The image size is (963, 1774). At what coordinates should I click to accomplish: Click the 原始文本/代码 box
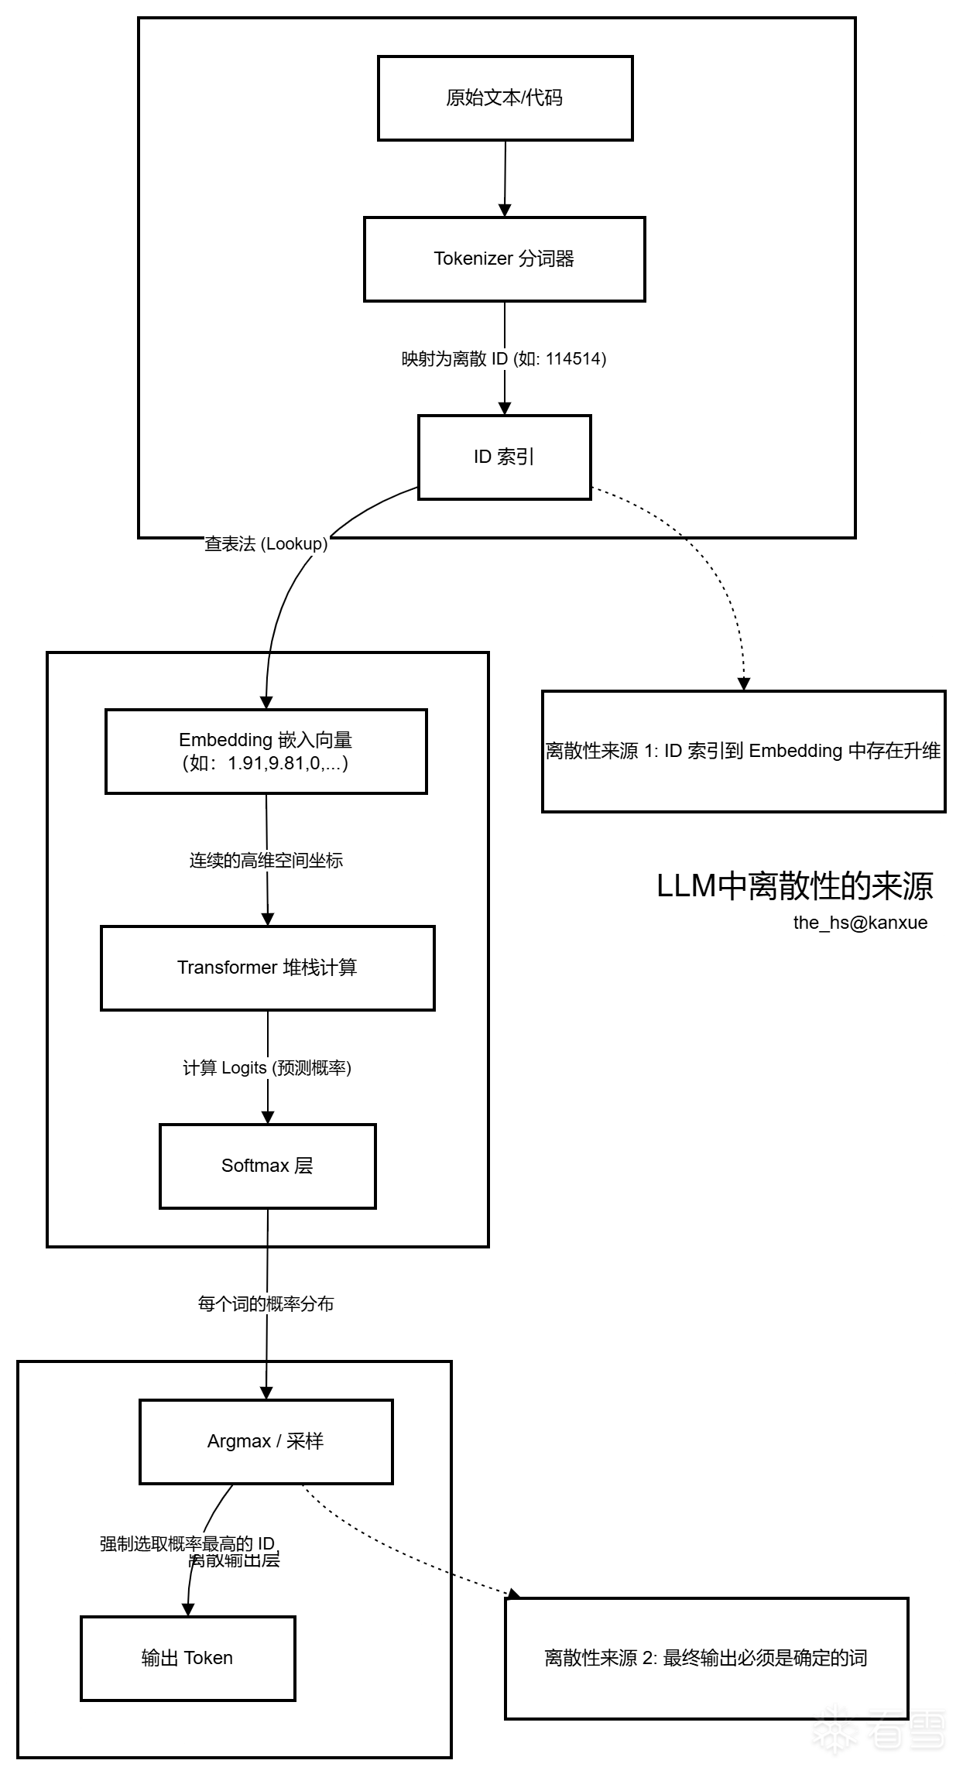[505, 98]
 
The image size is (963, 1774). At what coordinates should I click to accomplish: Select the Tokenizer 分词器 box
[504, 259]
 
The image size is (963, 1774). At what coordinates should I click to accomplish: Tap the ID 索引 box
[504, 457]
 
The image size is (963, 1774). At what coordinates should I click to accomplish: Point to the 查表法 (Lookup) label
[266, 544]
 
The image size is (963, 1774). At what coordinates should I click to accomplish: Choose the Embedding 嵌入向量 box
[266, 752]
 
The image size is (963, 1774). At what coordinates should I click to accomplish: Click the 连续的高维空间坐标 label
[266, 861]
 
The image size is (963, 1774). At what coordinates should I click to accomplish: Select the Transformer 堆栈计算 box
[267, 968]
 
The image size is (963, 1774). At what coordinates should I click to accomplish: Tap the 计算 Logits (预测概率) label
[267, 1068]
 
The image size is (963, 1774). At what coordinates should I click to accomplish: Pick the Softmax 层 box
[267, 1166]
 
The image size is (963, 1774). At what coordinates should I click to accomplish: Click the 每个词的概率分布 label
[266, 1304]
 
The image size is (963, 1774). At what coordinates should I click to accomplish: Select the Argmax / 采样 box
[266, 1442]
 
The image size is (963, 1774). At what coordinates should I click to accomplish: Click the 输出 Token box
[187, 1658]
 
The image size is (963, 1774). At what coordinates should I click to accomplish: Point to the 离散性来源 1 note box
[743, 752]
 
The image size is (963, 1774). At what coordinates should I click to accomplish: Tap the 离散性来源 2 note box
[706, 1658]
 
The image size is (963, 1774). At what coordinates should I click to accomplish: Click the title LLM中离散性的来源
[795, 887]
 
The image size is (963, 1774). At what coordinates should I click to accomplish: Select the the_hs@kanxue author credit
[860, 923]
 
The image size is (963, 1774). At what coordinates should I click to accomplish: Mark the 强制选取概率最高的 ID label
[187, 1543]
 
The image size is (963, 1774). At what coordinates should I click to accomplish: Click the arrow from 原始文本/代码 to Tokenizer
[505, 178]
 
